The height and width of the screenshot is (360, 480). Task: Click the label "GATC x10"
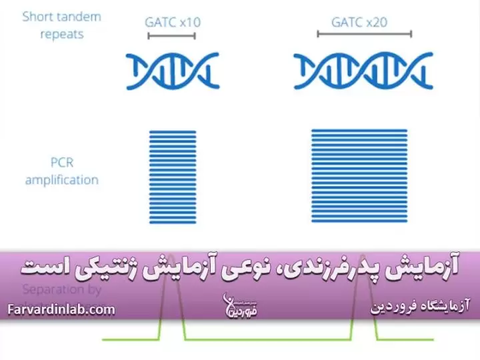tap(173, 22)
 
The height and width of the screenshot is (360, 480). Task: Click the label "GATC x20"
tap(360, 22)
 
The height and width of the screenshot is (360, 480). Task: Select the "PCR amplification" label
tap(62, 171)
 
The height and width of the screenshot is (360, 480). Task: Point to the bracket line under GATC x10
tap(173, 36)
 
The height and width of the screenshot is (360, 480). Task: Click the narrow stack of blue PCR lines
tap(171, 177)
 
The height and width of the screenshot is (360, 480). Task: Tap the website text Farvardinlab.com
tap(62, 309)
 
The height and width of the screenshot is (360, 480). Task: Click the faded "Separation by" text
tap(62, 289)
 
